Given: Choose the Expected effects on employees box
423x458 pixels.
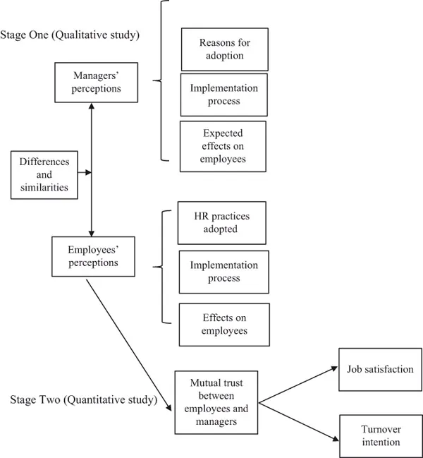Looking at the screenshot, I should (x=223, y=146).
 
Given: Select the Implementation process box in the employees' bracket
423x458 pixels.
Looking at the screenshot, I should (x=223, y=272).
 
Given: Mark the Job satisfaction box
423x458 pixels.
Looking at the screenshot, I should (x=380, y=369).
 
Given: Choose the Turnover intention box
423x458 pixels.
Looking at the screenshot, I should (x=380, y=436).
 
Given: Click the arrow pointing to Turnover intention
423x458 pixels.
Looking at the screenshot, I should (x=299, y=421).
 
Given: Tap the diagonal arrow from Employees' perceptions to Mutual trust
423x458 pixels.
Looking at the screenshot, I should (x=129, y=344).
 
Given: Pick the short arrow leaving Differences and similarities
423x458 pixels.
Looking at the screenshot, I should (x=85, y=172).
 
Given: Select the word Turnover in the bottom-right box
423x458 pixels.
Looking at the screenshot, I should (x=380, y=429).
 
